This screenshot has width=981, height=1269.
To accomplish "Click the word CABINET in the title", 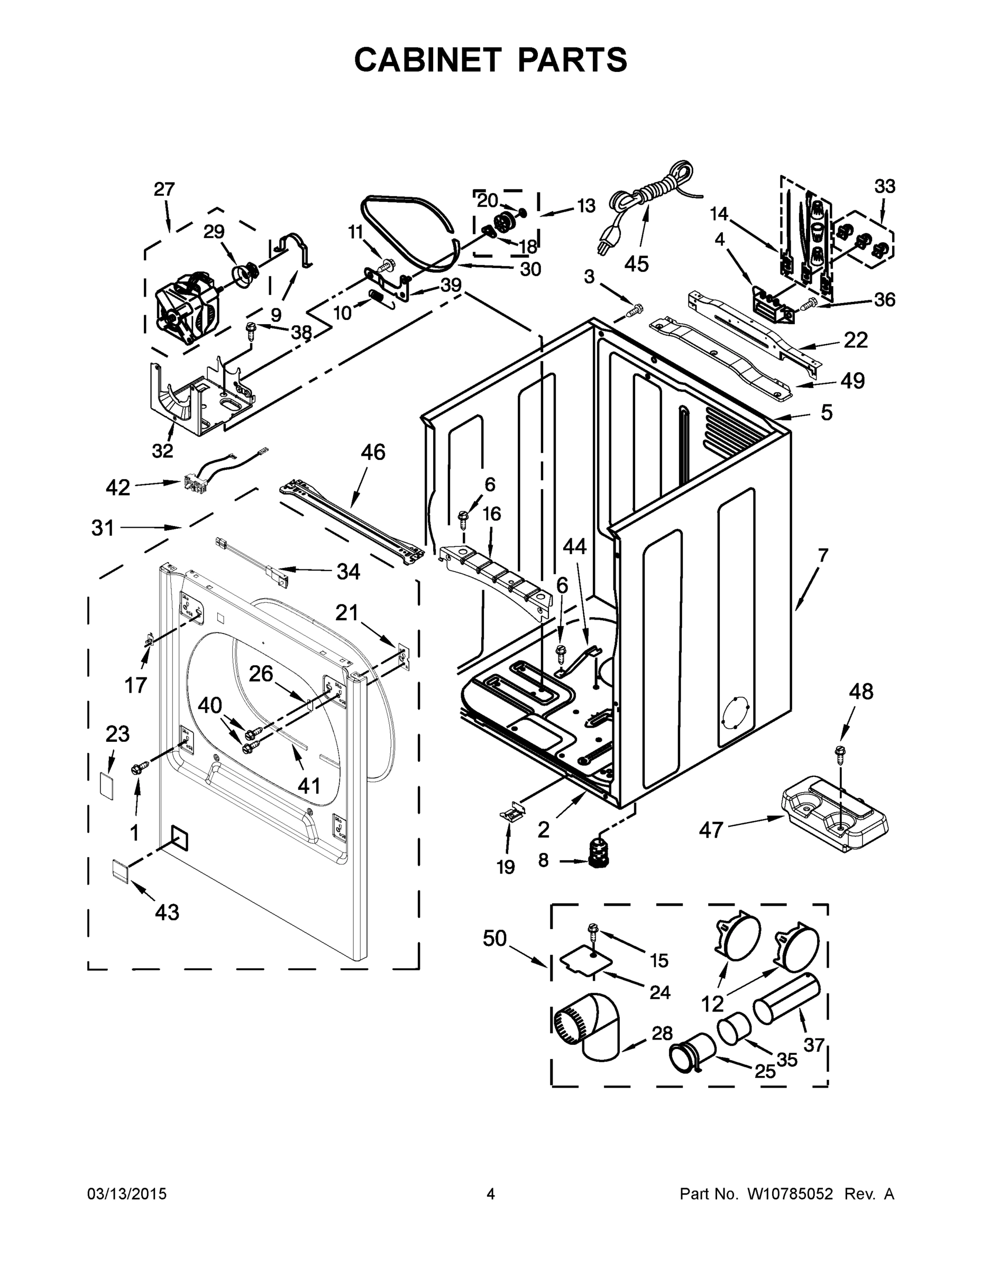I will [x=427, y=60].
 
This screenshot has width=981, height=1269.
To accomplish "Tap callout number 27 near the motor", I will [x=164, y=189].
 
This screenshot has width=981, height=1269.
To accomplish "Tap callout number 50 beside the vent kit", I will [x=494, y=938].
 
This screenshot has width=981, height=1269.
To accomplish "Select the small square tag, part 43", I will [x=120, y=870].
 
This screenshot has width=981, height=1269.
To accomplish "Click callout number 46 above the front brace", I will [x=373, y=452].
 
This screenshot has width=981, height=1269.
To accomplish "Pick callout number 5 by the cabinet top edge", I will [x=826, y=412].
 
